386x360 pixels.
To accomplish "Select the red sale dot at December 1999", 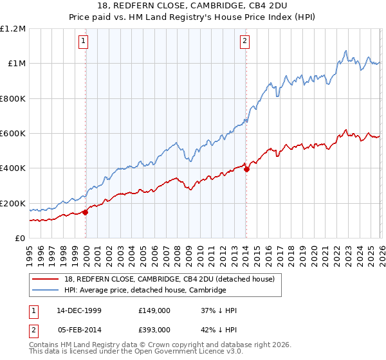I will [86, 213].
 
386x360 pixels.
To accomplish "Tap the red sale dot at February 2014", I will [246, 170].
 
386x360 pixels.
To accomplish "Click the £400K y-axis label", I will [14, 168].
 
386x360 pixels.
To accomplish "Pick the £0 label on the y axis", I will [21, 239].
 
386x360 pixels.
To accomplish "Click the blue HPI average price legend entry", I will [145, 291].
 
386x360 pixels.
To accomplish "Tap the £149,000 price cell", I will [154, 310].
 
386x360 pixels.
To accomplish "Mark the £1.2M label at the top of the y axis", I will [14, 29].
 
